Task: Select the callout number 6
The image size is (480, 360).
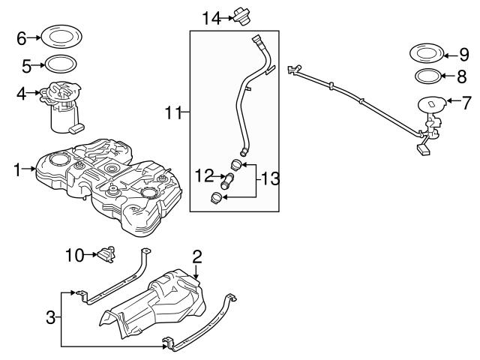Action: pyautogui.click(x=21, y=37)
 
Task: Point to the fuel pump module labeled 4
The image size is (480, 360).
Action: pyautogui.click(x=64, y=106)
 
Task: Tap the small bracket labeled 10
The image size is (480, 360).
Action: pyautogui.click(x=107, y=253)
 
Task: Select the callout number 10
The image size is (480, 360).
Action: pyautogui.click(x=73, y=256)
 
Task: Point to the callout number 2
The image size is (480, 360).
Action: pyautogui.click(x=196, y=257)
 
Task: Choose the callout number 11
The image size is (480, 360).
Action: pyautogui.click(x=172, y=113)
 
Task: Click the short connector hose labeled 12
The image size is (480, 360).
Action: pyautogui.click(x=229, y=181)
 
